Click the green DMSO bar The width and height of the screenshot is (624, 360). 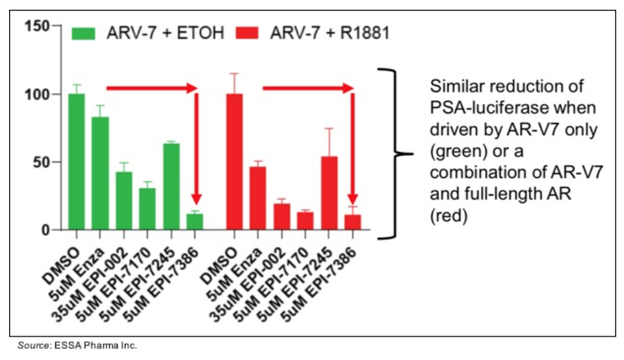[76, 162]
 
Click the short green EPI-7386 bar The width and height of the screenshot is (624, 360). [195, 222]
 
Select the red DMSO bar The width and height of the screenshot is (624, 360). [233, 162]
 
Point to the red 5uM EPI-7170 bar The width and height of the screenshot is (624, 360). [305, 221]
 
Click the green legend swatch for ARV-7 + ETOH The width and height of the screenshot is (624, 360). [84, 32]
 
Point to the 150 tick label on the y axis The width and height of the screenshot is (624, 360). [36, 27]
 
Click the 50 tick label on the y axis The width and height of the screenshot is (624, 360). [42, 162]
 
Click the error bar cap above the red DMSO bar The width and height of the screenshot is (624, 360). [233, 73]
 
